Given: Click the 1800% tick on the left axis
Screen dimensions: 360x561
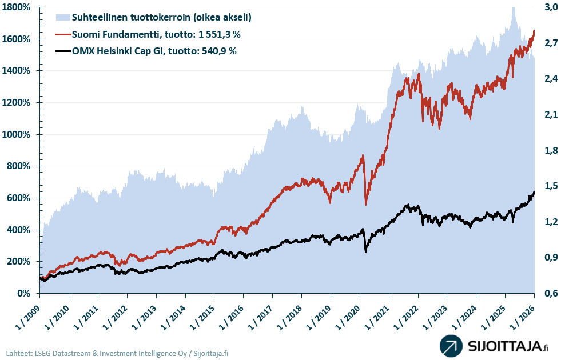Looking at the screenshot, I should point(19,7).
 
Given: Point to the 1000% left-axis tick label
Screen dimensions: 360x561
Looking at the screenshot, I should point(19,135).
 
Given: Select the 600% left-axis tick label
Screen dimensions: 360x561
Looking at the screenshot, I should point(22,198).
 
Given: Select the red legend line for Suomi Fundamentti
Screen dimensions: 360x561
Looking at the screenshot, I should point(62,34).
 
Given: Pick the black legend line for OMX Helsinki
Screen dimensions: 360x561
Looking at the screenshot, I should point(62,51).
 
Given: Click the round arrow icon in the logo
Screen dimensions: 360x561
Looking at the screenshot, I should point(451,346).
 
